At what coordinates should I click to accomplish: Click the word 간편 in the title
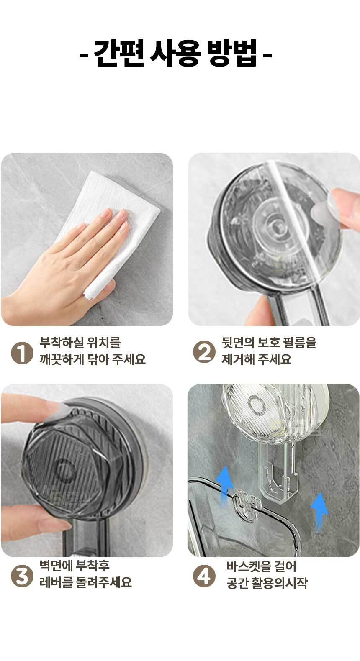119,54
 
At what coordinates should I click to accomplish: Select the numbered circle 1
22,353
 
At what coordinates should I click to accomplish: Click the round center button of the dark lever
64,469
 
